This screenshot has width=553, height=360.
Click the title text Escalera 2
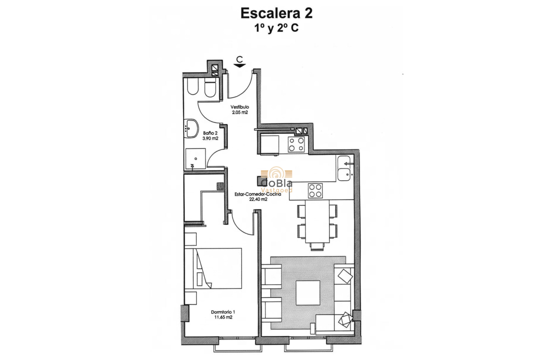point(276,13)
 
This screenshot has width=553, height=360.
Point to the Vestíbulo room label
point(240,107)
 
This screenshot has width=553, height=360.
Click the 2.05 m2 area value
point(240,112)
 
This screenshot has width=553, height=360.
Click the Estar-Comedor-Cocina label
point(258,194)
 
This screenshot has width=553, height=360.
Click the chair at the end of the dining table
point(317,246)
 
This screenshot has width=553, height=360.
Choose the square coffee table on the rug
point(308,293)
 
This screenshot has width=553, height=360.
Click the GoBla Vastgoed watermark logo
point(276,180)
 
